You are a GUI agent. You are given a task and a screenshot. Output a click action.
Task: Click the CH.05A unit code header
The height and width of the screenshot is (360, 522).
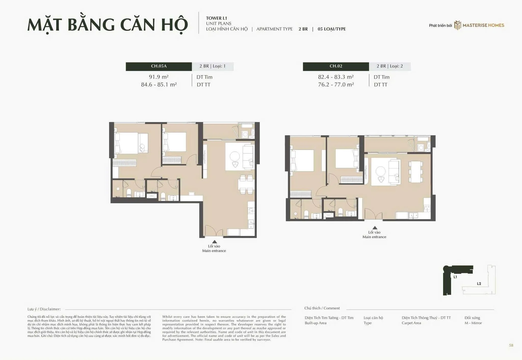tap(159, 66)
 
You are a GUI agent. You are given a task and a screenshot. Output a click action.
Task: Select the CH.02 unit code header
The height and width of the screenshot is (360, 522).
tap(336, 66)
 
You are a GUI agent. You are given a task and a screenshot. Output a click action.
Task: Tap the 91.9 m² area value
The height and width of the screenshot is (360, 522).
tap(159, 77)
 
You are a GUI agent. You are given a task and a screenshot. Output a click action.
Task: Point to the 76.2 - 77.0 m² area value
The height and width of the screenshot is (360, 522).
tap(336, 85)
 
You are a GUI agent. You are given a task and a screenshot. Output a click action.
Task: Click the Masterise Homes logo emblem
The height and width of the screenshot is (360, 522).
tap(458, 25)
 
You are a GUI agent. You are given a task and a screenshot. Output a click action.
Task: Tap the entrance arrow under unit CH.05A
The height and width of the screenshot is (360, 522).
tap(215, 242)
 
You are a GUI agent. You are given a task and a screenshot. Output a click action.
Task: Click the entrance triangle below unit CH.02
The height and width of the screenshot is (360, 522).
tap(375, 228)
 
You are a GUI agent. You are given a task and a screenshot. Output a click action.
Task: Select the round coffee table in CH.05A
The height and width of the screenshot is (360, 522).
tap(234, 156)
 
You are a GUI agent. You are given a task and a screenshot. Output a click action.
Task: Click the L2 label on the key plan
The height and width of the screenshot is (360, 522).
tap(479, 284)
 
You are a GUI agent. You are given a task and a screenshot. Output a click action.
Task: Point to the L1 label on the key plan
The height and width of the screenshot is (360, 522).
tap(455, 277)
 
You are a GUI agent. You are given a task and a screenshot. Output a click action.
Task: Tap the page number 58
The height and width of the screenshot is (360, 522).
tap(511, 345)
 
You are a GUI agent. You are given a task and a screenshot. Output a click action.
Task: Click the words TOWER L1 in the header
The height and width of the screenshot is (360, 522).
tap(216, 18)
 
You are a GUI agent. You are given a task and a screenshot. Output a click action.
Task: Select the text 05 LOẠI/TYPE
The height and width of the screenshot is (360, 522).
tap(332, 29)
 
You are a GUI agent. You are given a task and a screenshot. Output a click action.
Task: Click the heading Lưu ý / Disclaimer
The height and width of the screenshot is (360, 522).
tap(44, 309)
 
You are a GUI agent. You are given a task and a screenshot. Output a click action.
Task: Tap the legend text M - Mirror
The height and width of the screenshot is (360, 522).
tap(473, 323)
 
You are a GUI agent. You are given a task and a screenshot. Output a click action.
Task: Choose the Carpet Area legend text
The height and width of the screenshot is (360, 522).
tap(411, 323)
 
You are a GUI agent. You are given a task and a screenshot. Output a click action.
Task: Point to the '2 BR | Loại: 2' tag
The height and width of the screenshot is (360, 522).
tap(390, 66)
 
